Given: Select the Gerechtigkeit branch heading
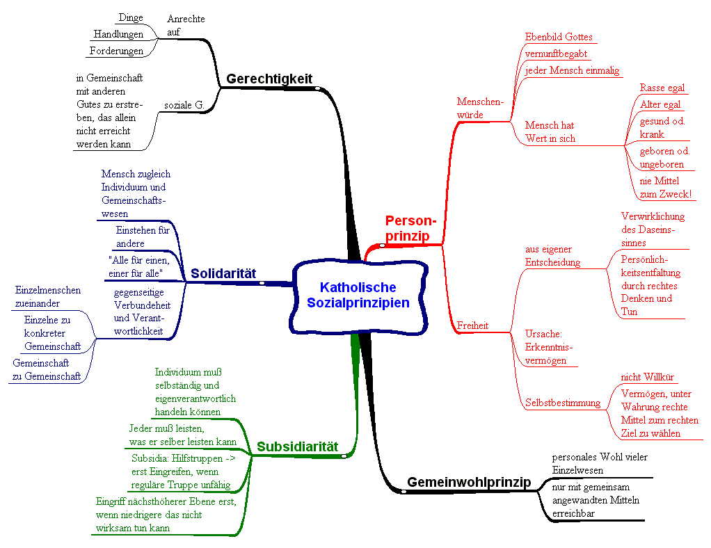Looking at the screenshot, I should click(x=269, y=79).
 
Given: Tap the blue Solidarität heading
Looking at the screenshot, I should click(x=224, y=273).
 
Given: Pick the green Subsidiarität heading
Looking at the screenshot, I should click(x=297, y=446).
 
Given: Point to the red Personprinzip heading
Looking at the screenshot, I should click(x=410, y=228).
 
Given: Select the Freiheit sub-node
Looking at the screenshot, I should click(x=472, y=325).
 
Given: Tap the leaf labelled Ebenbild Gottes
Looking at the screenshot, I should click(x=559, y=37).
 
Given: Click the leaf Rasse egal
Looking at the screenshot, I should click(x=662, y=88).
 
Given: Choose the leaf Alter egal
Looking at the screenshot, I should click(x=660, y=104).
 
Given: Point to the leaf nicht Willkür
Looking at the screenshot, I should click(x=647, y=377).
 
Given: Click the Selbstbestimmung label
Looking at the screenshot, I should click(x=563, y=403).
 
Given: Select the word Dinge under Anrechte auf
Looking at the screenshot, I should click(x=131, y=17).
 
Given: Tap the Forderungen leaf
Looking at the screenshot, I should click(x=116, y=51).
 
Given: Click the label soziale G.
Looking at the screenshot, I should click(x=183, y=105).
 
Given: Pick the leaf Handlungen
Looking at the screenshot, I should click(x=118, y=34).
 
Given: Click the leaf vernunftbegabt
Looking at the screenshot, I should click(x=557, y=54).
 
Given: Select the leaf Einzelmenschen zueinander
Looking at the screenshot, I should click(x=47, y=297).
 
